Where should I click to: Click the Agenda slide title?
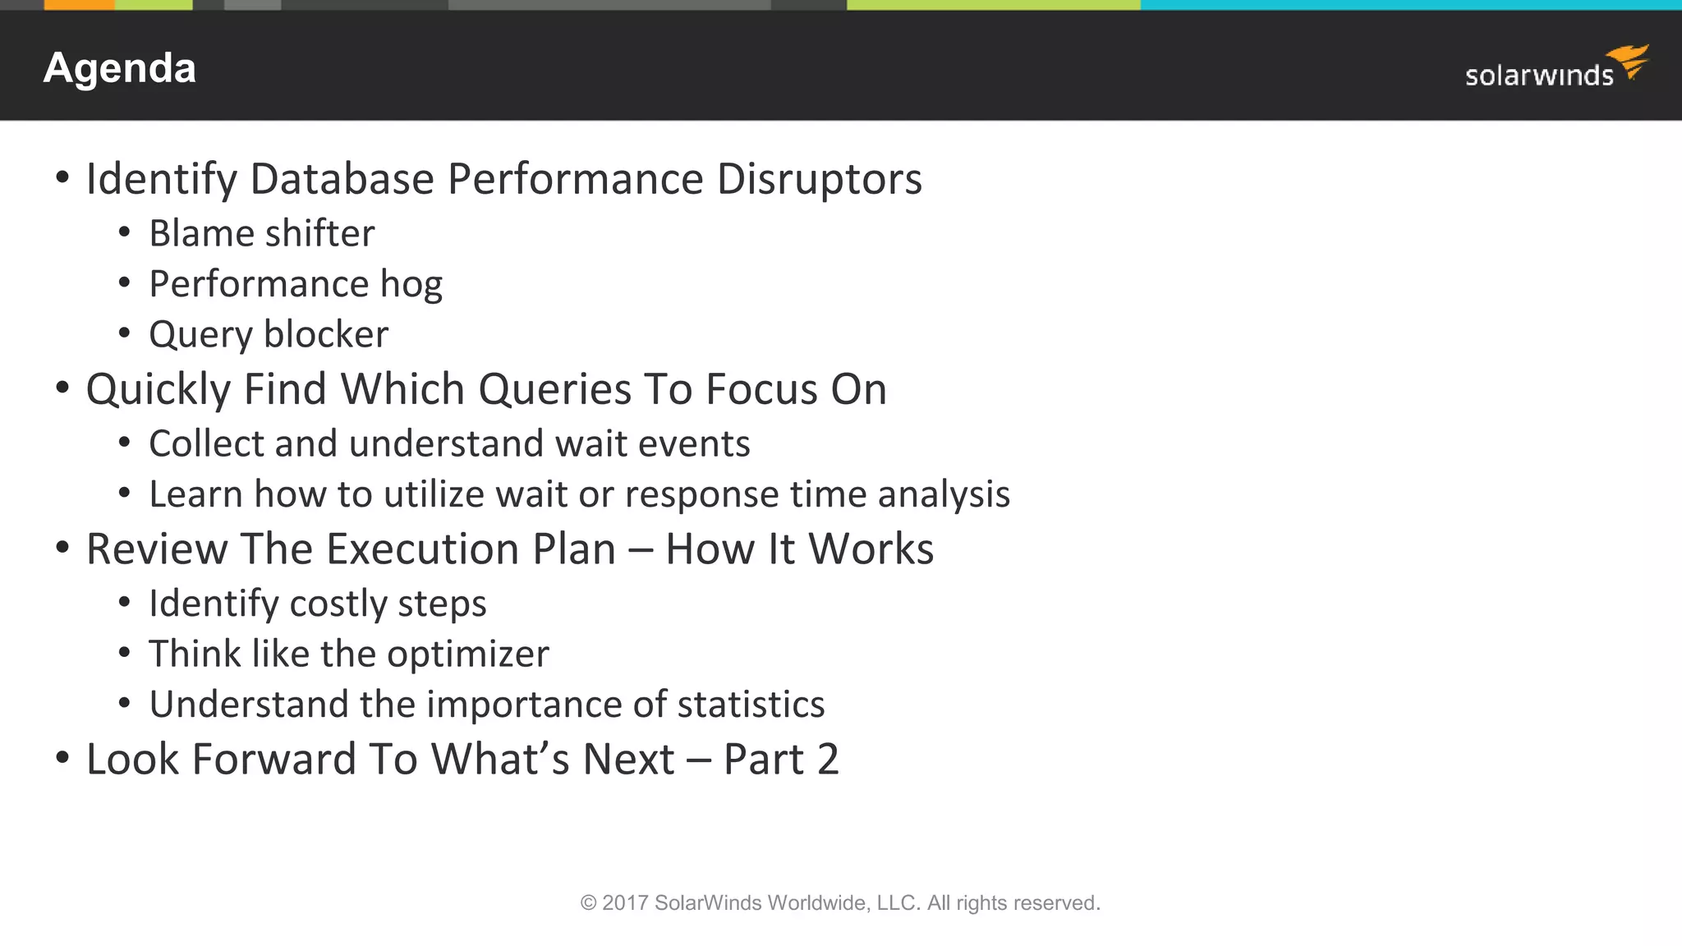point(120,68)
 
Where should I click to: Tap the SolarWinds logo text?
point(1538,76)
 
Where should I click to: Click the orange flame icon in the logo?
point(1629,61)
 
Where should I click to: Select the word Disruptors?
point(819,179)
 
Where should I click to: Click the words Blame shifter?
point(261,234)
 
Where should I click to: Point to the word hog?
point(411,285)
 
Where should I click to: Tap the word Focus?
point(761,389)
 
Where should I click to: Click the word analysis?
point(944,495)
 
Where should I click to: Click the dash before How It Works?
point(640,550)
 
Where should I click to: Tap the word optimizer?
point(467,654)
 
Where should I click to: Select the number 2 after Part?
point(827,760)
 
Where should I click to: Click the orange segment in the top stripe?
point(79,5)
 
